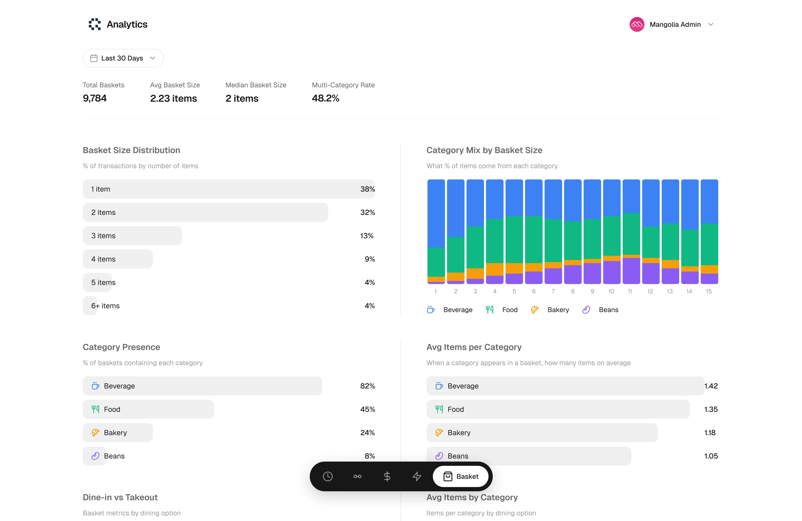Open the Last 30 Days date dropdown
(x=123, y=58)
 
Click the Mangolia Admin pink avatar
(x=637, y=24)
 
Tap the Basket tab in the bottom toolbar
(x=461, y=476)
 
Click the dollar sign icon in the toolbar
(x=387, y=476)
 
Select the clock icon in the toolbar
(x=328, y=476)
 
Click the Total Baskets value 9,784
(x=95, y=98)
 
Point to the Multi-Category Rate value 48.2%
(x=325, y=98)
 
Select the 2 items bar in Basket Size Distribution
(x=205, y=212)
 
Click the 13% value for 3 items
(x=367, y=236)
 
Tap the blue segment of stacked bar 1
(x=436, y=213)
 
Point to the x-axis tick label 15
(x=709, y=291)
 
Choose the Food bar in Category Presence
(x=148, y=409)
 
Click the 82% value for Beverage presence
(x=367, y=386)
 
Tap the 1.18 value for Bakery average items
(x=710, y=432)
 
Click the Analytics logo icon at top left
(x=95, y=24)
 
